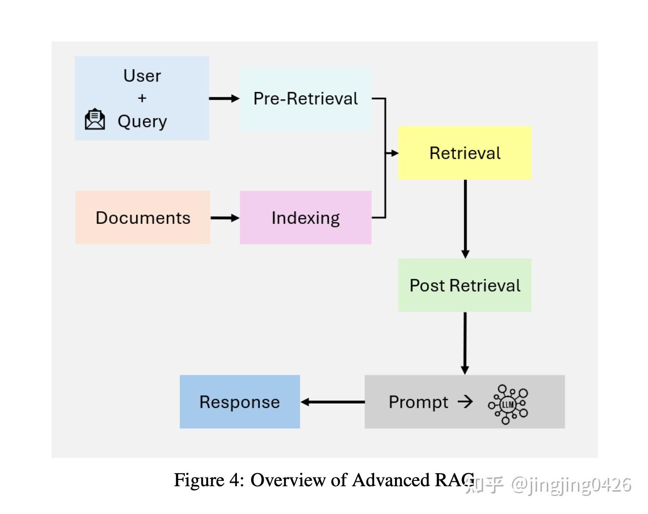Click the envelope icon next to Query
coord(95,119)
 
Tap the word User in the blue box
coord(142,76)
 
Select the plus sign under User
coord(142,98)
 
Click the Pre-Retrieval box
coord(306,99)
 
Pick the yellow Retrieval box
coord(465,153)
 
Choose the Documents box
coord(143,218)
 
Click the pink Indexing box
coord(306,218)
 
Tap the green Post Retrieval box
coord(465,285)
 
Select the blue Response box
coord(239,402)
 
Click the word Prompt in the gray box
coord(418,402)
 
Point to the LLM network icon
coord(508,404)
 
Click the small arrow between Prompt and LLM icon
coord(465,402)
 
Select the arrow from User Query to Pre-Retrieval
coord(224,99)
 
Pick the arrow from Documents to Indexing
coord(225,218)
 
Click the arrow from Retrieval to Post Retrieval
coord(465,219)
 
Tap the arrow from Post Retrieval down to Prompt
coord(465,343)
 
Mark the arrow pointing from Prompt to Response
coord(332,402)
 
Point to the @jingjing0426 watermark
coord(571,485)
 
